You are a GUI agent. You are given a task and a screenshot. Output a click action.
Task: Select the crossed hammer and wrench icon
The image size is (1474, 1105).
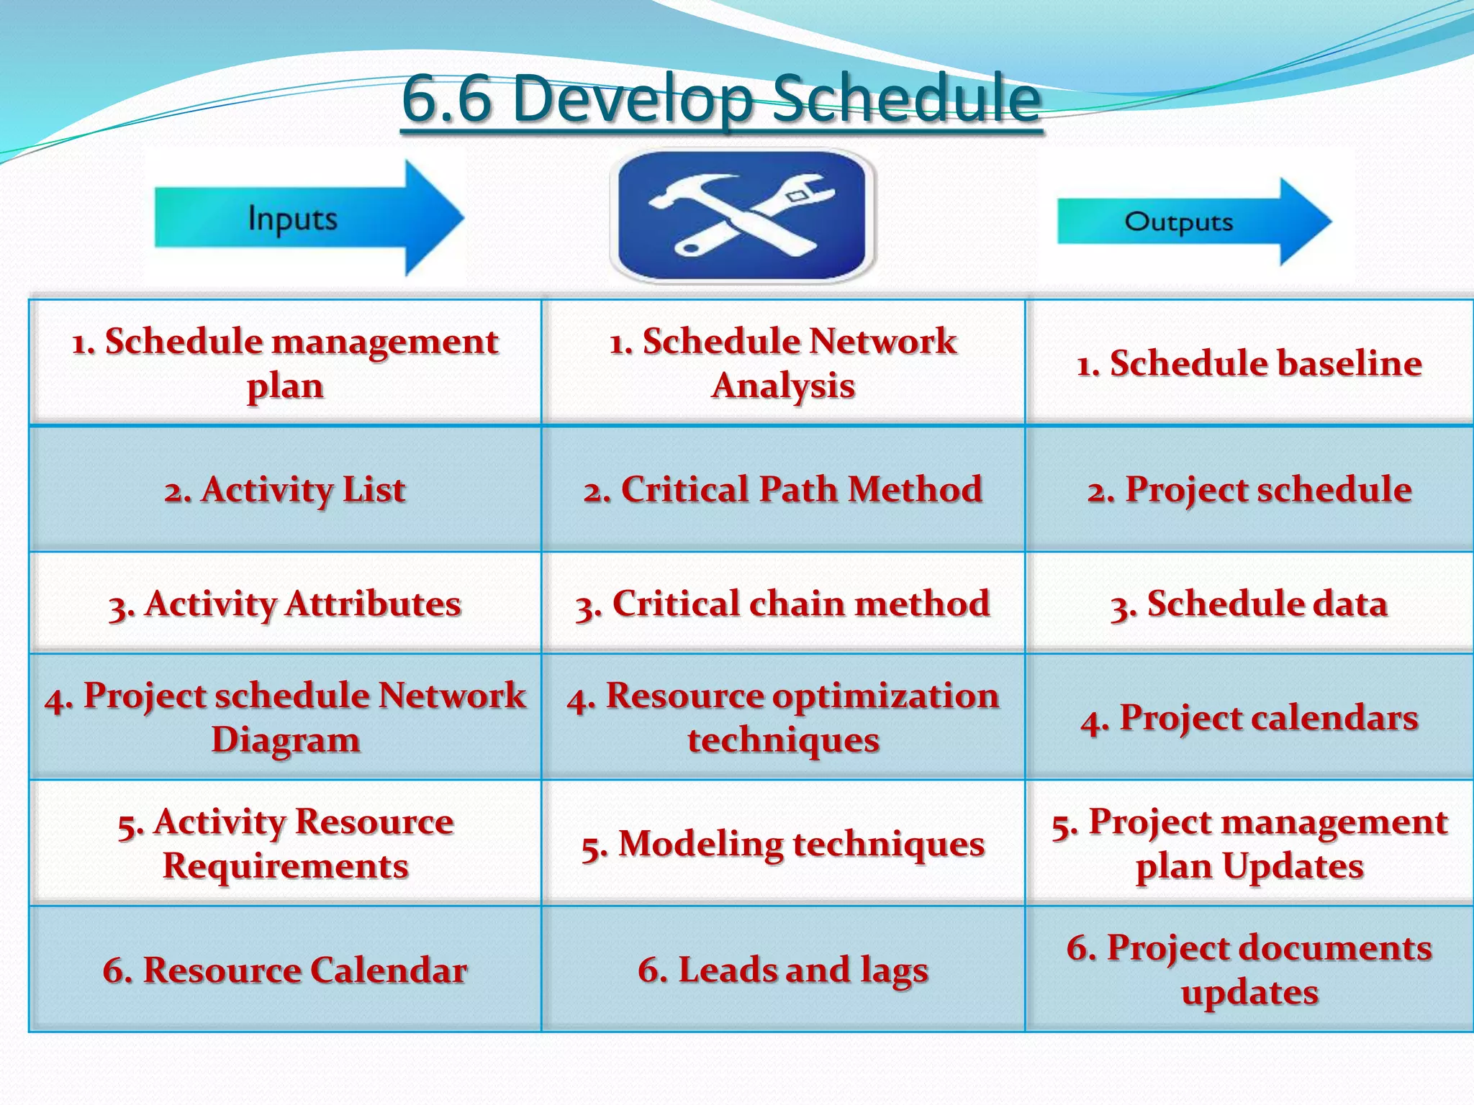coord(742,215)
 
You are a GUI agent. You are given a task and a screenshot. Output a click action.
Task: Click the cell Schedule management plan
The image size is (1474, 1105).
coord(285,363)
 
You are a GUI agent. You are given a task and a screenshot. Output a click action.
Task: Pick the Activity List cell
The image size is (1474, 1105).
coord(285,490)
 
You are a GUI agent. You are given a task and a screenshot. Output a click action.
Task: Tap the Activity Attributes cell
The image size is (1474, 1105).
coord(285,604)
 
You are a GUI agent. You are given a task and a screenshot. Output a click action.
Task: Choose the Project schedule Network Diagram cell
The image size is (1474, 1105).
coord(285,717)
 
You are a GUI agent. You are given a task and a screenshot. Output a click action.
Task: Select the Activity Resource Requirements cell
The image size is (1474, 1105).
coord(285,843)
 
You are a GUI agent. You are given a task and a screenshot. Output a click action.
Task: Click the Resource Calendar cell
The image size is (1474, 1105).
coord(285,970)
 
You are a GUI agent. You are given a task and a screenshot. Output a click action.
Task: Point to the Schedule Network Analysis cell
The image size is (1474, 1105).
coord(783,363)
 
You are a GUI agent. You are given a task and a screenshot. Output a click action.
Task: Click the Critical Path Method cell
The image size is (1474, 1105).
coord(783,490)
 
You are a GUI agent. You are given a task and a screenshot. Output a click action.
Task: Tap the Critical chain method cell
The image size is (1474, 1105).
coord(783,604)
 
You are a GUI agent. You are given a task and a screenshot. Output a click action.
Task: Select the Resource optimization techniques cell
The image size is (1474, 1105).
coord(783,717)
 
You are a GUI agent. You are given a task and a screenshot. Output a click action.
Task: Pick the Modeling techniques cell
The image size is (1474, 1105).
coord(783,843)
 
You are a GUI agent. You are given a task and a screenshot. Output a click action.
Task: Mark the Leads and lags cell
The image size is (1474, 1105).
coord(783,970)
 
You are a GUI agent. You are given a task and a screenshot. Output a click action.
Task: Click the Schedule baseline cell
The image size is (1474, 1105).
coord(1249,363)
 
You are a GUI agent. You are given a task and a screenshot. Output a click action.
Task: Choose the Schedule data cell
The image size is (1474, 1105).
coord(1249,604)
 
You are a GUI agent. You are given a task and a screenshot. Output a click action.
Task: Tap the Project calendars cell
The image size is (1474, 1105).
coord(1249,717)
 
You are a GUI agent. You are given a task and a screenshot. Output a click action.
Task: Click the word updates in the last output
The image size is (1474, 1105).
coord(1249,993)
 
